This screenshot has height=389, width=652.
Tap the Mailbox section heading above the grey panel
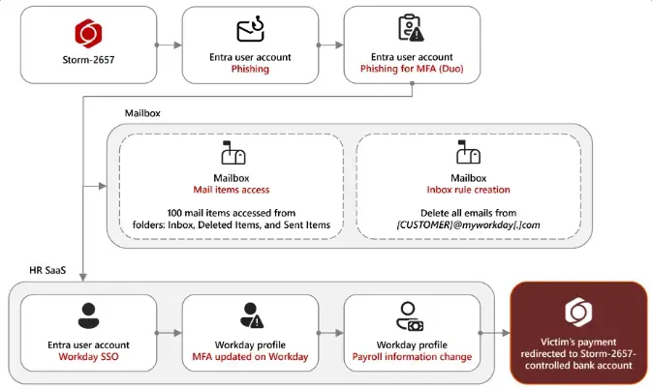(142, 112)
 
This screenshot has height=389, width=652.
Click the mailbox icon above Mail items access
(231, 154)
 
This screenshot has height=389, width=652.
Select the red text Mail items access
(231, 190)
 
